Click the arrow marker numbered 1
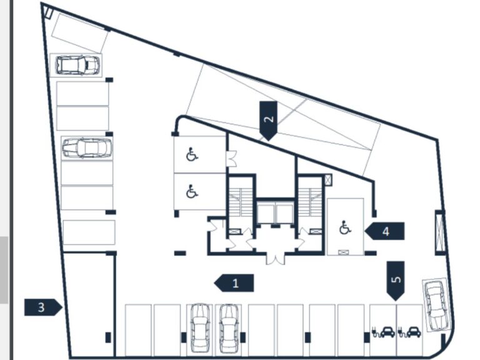[x=234, y=283]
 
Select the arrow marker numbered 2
[x=268, y=119]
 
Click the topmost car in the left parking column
[x=77, y=64]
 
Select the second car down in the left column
[x=87, y=148]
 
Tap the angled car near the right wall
[x=436, y=304]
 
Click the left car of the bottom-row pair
[x=199, y=327]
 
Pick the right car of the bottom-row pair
[x=228, y=327]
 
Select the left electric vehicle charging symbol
[x=383, y=331]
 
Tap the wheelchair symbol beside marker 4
[x=344, y=228]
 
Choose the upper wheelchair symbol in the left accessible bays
[x=192, y=154]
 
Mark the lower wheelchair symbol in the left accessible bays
[x=192, y=192]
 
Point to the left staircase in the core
[x=240, y=201]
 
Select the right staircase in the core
[x=309, y=201]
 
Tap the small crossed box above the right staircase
[x=329, y=180]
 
